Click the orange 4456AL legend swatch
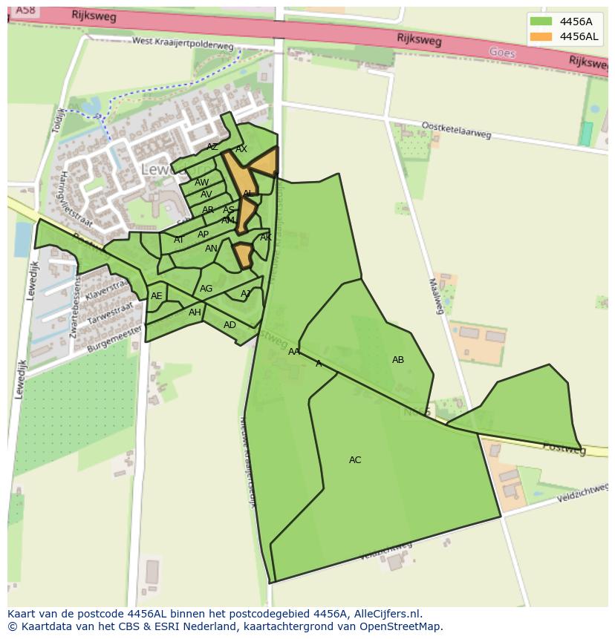coord(541,36)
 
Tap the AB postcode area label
coord(398,360)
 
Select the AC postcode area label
coord(355,460)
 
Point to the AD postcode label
coord(230,325)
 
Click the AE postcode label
coord(156,296)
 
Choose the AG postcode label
coord(206,289)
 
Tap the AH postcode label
coord(195,312)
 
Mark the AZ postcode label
coord(212,147)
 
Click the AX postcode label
coord(241,149)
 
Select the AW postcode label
coord(201,183)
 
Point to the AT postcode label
coord(179,240)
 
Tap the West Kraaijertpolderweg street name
coord(183,44)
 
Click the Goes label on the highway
coord(502,53)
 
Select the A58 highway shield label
coord(25,10)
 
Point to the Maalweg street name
coord(436,295)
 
